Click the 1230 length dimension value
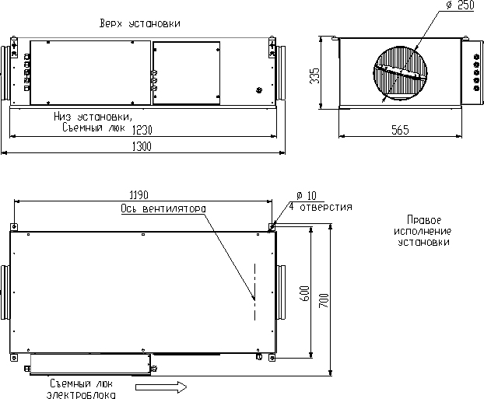[x=142, y=130]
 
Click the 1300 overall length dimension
[x=142, y=146]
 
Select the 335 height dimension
[x=314, y=75]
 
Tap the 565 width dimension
[x=400, y=130]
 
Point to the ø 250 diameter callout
[x=460, y=5]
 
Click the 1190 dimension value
[x=139, y=195]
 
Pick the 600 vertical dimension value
[x=305, y=293]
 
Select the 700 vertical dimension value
[x=324, y=300]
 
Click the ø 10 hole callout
[x=307, y=195]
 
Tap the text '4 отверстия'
[x=321, y=206]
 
